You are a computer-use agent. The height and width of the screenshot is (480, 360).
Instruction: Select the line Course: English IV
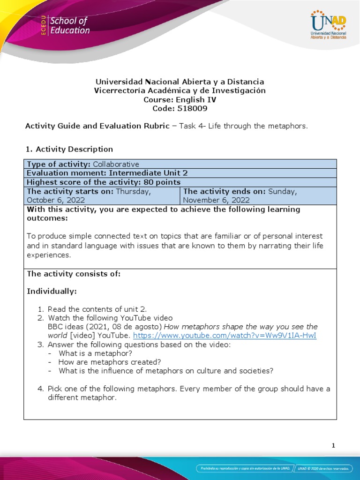click(x=180, y=99)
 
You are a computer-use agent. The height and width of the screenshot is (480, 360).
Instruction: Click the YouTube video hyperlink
click(x=225, y=336)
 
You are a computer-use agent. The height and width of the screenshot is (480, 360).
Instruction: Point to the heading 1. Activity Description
click(x=68, y=149)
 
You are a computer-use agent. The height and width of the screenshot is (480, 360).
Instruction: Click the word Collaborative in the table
click(x=116, y=164)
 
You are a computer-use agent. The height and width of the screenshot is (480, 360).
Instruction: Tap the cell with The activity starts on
click(x=101, y=195)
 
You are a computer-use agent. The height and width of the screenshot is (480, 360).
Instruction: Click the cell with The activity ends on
click(x=258, y=195)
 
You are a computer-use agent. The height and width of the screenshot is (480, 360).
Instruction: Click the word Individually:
click(x=52, y=292)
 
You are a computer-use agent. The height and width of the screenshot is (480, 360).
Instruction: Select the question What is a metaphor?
click(x=95, y=353)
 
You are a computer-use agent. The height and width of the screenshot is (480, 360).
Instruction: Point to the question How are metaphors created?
click(x=110, y=362)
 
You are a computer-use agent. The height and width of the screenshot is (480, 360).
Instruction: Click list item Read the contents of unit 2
click(x=97, y=309)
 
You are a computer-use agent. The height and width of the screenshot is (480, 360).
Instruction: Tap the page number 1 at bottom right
click(x=333, y=446)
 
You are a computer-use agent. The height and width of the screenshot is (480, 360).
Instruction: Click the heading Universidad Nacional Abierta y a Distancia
click(x=180, y=82)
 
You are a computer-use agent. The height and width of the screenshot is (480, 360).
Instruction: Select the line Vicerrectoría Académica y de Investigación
click(x=180, y=90)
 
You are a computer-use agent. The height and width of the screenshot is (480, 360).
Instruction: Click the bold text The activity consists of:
click(x=74, y=274)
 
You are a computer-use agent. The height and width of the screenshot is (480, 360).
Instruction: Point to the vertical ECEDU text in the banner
click(x=44, y=26)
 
